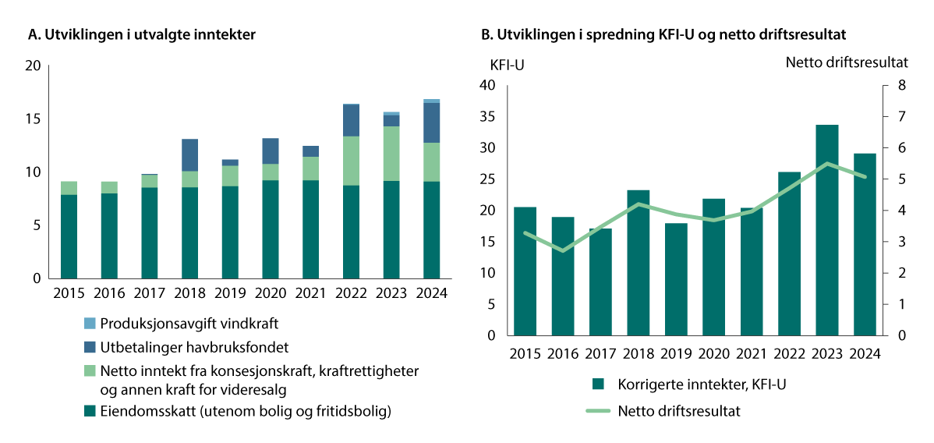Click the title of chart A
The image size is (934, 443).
tap(141, 34)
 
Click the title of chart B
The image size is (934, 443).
tap(663, 34)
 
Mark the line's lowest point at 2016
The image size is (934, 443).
tap(562, 250)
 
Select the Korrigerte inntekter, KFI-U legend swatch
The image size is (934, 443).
tap(598, 384)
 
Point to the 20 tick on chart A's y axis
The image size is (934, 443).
tap(33, 66)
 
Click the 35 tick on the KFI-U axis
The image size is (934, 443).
tap(489, 116)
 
